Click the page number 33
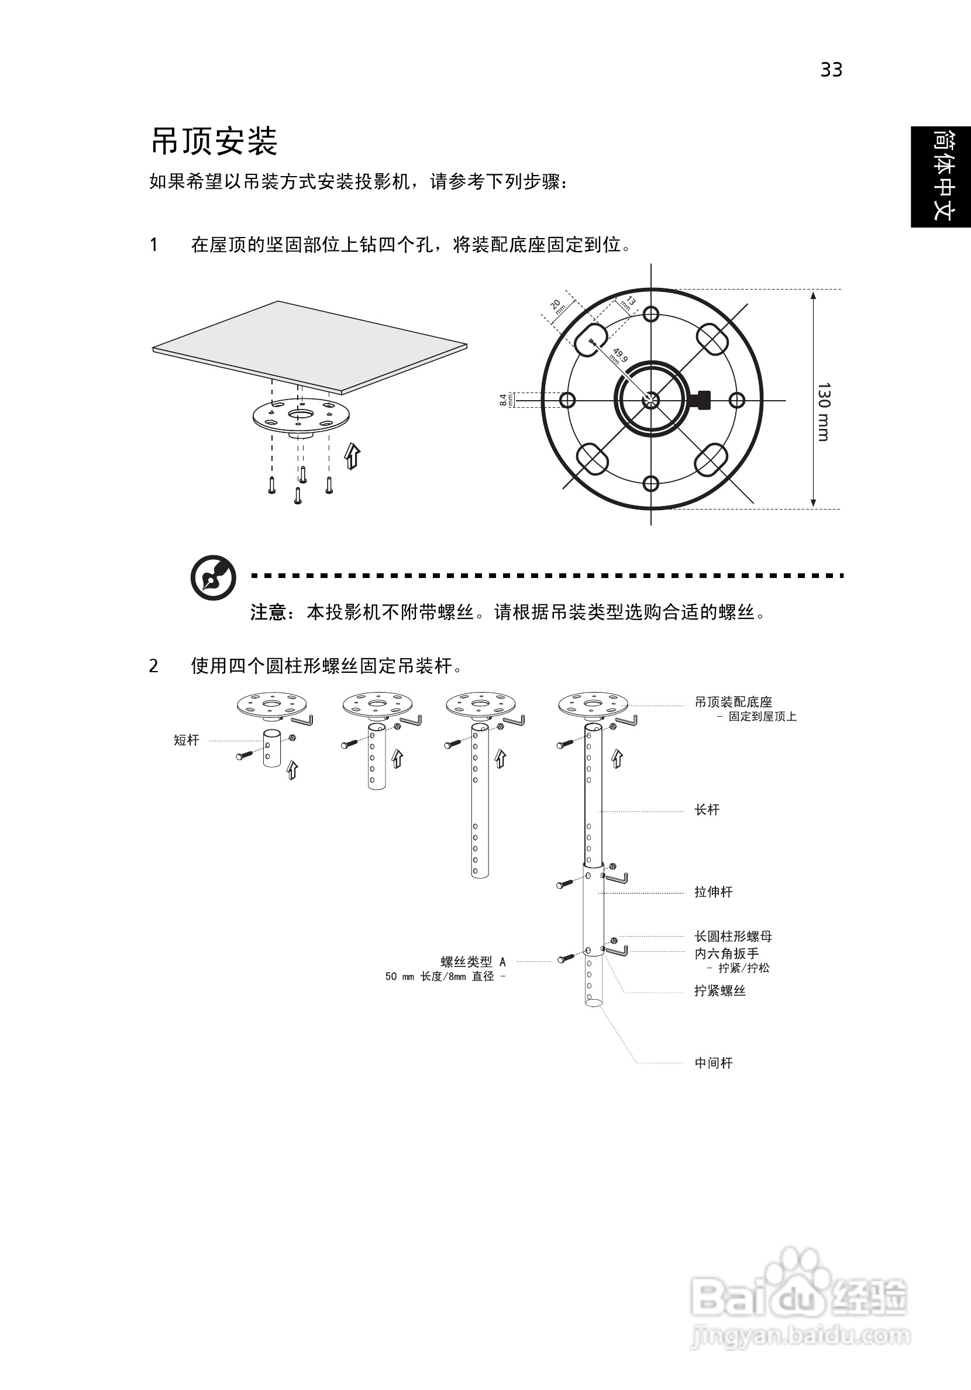pos(831,70)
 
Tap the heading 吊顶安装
pos(214,141)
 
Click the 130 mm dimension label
pos(824,412)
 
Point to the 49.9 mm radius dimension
pos(619,355)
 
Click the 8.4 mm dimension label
pos(504,400)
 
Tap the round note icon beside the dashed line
pos(213,577)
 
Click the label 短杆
pos(187,740)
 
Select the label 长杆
pos(707,810)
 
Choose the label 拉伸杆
pos(713,892)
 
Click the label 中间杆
pos(713,1063)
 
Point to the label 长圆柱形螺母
pos(733,937)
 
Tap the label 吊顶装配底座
pos(733,701)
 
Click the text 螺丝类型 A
pos(473,961)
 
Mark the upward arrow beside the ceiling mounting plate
pos(352,455)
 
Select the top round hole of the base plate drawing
pos(651,314)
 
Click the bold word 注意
pos(268,612)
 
